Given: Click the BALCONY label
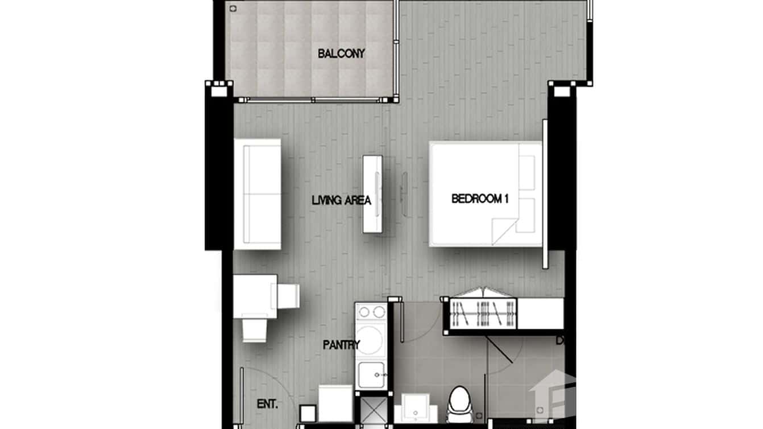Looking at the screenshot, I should pyautogui.click(x=341, y=54).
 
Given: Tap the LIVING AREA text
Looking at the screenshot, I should pyautogui.click(x=341, y=200).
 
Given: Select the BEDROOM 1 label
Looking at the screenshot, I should pyautogui.click(x=479, y=199).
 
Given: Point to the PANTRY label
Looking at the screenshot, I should pyautogui.click(x=341, y=345).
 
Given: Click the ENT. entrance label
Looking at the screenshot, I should pyautogui.click(x=267, y=405).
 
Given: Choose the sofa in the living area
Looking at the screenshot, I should pyautogui.click(x=258, y=193).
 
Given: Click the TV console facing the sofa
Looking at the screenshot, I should pyautogui.click(x=373, y=193).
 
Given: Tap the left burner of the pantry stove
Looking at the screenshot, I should pyautogui.click(x=364, y=312).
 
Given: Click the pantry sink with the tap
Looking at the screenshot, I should pyautogui.click(x=371, y=374).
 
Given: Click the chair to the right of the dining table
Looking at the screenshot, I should pyautogui.click(x=288, y=296).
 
